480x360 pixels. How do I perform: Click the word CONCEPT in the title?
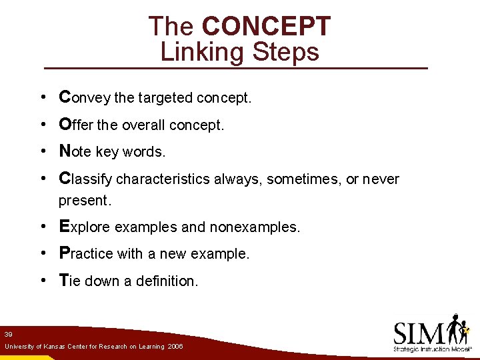pos(266,27)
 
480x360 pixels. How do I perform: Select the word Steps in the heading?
pos(286,52)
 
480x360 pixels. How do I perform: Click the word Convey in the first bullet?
pos(85,98)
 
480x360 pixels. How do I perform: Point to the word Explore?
pos(85,227)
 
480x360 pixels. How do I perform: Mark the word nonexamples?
pos(255,227)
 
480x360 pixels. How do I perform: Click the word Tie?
pos(69,281)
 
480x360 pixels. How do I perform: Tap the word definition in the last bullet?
pos(167,281)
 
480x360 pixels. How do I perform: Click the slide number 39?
pos(8,334)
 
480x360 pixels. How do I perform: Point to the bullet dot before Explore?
pos(42,227)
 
